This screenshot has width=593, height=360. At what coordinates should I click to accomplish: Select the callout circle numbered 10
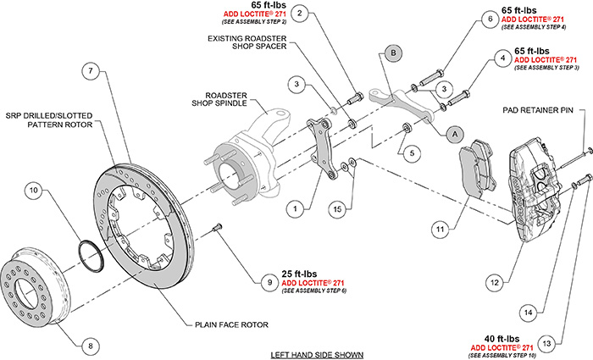tap(33, 191)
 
